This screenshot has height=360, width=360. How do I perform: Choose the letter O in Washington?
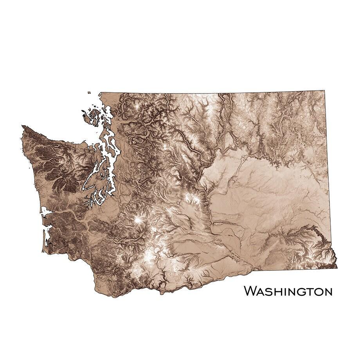(318, 292)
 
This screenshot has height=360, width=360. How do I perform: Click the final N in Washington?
(328, 292)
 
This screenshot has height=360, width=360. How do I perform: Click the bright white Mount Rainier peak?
(138, 221)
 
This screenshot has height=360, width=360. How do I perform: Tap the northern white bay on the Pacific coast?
(45, 212)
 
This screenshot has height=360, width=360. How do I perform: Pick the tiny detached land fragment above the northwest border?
(89, 93)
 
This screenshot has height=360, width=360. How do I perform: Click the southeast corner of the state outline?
(337, 268)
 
